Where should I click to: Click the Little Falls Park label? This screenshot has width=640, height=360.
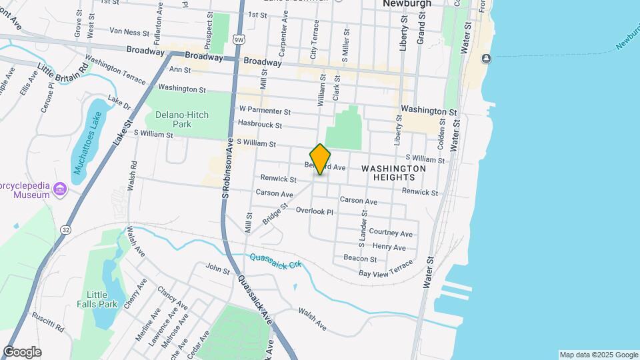click(101, 299)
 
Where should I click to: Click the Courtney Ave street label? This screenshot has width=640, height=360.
click(391, 233)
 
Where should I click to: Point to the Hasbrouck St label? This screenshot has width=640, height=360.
click(260, 125)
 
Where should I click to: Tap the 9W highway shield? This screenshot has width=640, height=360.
click(238, 39)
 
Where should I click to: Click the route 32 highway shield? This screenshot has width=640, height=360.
click(65, 229)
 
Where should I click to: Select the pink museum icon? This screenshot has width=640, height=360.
click(60, 189)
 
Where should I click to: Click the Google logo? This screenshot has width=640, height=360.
click(22, 352)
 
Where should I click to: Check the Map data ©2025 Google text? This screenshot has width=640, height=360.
click(598, 355)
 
